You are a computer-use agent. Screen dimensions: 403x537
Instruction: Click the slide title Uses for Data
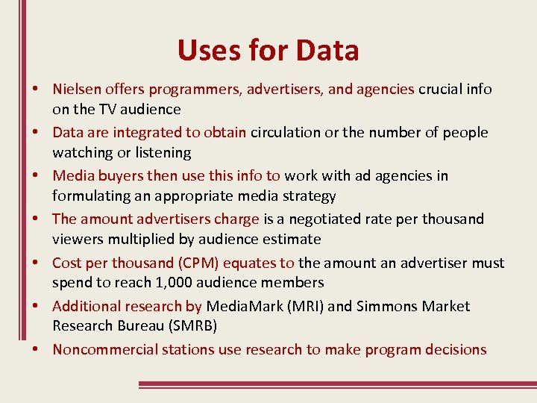[268, 51]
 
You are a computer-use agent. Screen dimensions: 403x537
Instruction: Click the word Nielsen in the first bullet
[76, 90]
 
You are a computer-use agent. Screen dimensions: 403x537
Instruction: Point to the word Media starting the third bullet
[72, 176]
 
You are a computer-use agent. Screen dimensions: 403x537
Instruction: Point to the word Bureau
[125, 326]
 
